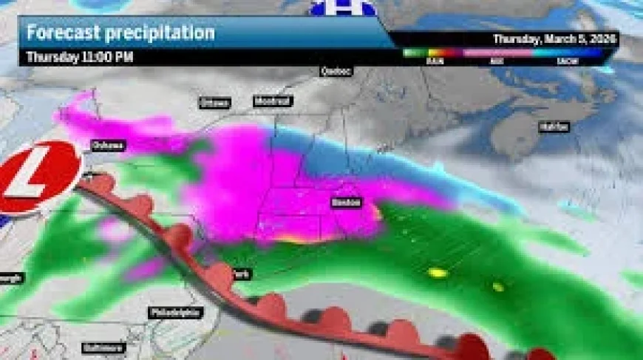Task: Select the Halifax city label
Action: (x=554, y=127)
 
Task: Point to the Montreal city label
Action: (x=273, y=101)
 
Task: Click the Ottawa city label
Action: (x=214, y=103)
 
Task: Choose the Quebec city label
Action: (x=336, y=71)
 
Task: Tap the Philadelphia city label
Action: (x=175, y=313)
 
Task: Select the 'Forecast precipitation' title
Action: (x=120, y=33)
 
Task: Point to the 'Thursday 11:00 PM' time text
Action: (x=80, y=56)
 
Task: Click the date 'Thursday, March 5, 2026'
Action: (x=555, y=38)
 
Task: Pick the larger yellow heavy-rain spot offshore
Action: (x=438, y=273)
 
